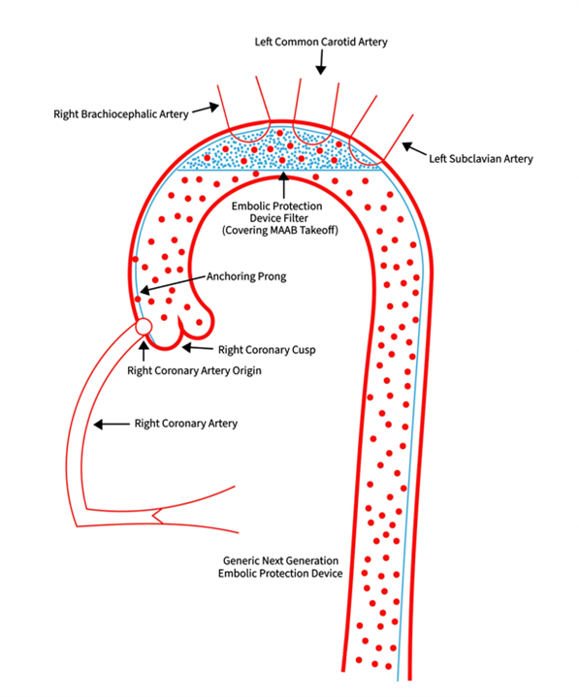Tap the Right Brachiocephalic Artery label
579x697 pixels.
(x=120, y=113)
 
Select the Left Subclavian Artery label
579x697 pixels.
(x=481, y=157)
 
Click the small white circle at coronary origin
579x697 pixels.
(x=144, y=328)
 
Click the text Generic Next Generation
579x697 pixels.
(x=282, y=560)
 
